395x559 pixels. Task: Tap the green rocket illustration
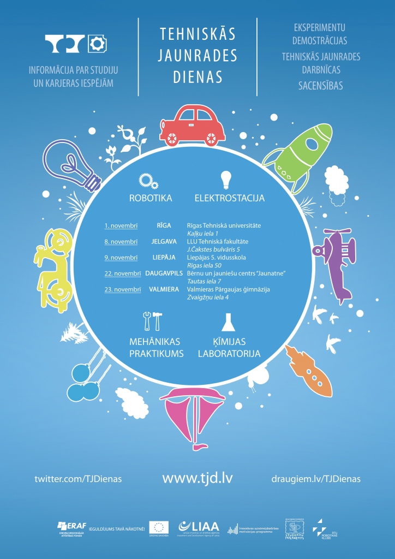[299, 153]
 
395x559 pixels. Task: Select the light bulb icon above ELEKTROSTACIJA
[225, 179]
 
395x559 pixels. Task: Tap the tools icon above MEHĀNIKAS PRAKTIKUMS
[151, 322]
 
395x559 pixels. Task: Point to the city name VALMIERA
[164, 289]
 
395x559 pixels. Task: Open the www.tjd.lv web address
[197, 478]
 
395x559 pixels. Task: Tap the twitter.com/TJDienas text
[78, 479]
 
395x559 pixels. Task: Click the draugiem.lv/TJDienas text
[315, 479]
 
